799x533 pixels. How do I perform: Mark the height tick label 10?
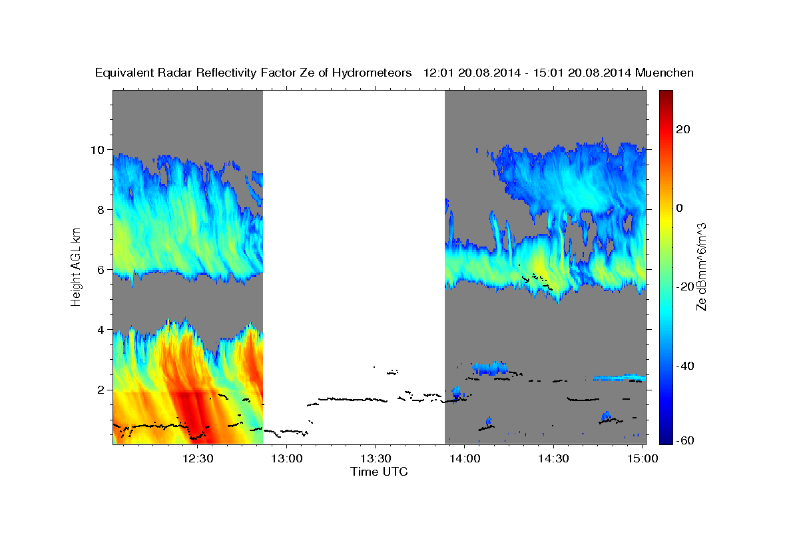point(98,149)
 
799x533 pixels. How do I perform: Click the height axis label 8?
point(101,209)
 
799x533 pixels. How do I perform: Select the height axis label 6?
point(101,269)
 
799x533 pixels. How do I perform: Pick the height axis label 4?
point(101,329)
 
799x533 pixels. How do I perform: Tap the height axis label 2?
point(101,389)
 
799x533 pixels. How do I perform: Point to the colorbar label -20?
point(686,286)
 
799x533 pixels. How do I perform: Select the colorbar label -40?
point(686,366)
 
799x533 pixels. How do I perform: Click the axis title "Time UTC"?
point(379,472)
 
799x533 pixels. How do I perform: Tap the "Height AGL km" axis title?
point(77,266)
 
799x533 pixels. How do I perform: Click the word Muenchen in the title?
point(665,73)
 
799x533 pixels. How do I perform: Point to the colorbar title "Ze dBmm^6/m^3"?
point(701,266)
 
